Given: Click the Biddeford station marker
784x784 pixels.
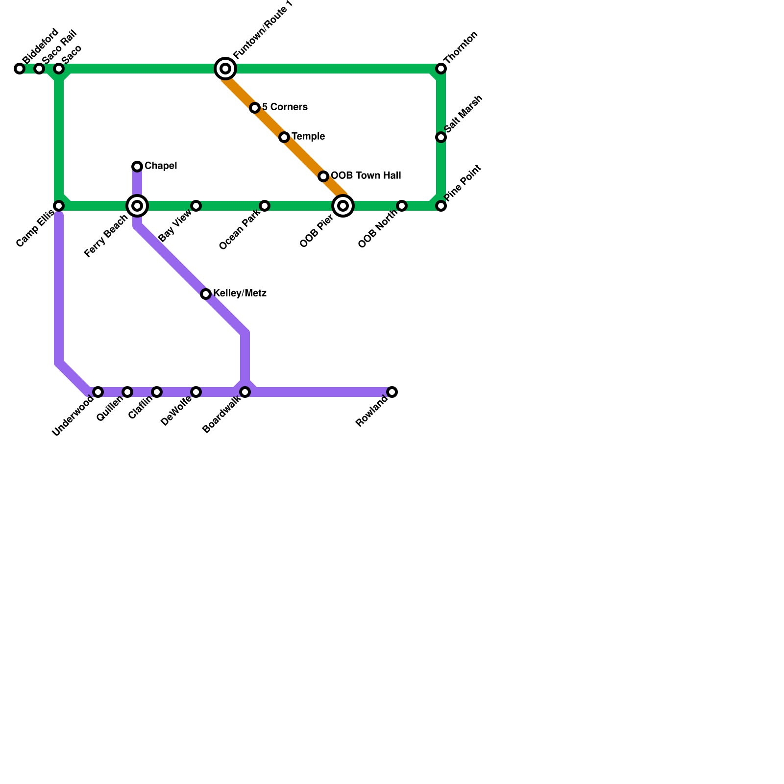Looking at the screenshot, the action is (20, 69).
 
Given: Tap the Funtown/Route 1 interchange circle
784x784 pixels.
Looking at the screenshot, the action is (225, 69).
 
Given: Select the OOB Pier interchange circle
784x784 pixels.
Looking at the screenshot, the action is (343, 206).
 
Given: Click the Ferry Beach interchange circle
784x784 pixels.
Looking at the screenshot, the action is (137, 206).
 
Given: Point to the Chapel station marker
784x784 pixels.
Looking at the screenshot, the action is (137, 167).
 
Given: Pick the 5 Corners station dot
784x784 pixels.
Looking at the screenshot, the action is (255, 108).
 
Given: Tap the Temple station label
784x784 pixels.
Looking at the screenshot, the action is (308, 137).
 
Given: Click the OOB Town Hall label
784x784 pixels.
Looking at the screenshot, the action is (366, 176).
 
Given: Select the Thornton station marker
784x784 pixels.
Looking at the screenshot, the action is (441, 69).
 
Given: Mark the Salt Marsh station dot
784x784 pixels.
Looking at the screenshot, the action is (441, 137).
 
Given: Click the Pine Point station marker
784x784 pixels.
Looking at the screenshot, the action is (441, 206).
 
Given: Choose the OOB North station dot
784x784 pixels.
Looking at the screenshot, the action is (402, 206).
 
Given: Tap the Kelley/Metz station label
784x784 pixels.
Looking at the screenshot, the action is (240, 294).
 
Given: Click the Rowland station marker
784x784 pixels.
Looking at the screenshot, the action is (392, 392).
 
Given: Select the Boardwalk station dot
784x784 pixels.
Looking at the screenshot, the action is (245, 392).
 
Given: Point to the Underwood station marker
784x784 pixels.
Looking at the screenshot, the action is (98, 392).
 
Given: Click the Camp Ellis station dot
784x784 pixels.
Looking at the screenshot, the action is (59, 206).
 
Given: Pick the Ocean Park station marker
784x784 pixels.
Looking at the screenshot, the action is (265, 206).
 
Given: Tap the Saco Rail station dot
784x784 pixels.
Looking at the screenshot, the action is (39, 69).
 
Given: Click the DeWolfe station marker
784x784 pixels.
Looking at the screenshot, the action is (196, 392).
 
